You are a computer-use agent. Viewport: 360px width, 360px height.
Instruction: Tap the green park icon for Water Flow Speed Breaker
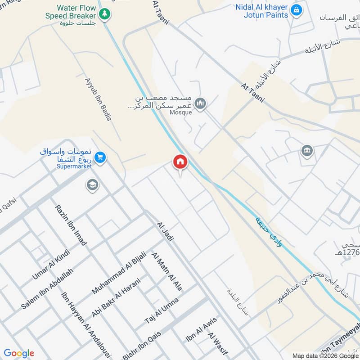tap(105, 14)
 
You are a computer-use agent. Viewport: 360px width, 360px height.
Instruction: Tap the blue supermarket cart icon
tap(100, 157)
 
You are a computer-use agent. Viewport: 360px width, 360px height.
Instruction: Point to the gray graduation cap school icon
tap(92, 185)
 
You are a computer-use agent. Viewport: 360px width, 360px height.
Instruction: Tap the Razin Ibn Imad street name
tap(71, 225)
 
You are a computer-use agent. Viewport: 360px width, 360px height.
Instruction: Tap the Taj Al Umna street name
tap(162, 311)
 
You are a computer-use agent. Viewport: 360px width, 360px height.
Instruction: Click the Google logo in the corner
tap(19, 353)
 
